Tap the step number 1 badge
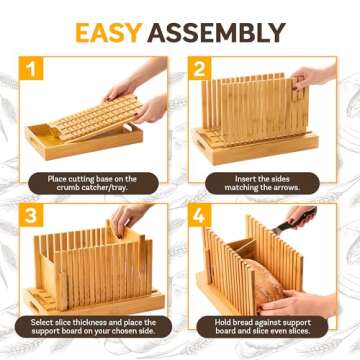(35, 71)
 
